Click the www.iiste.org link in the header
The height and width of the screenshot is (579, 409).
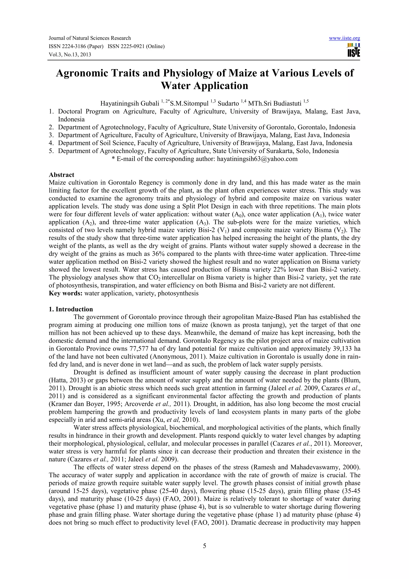[x=344, y=38]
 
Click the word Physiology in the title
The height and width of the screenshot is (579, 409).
[x=188, y=73]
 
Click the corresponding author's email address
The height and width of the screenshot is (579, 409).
[x=257, y=159]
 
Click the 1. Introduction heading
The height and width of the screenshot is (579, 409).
[x=71, y=309]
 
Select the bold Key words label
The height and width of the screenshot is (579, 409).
[x=66, y=293]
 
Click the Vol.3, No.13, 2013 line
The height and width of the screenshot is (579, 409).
[x=70, y=55]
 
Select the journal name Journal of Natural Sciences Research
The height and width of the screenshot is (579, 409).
[x=90, y=38]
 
